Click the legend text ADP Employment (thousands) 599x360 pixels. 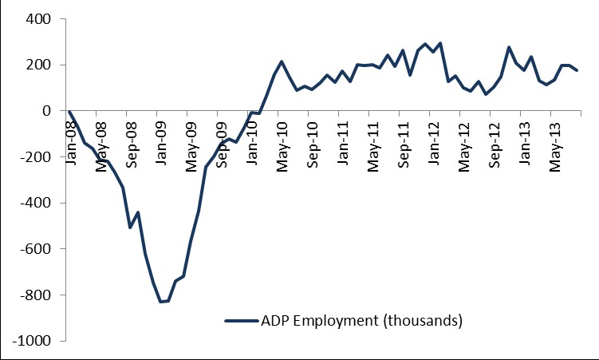[361, 321]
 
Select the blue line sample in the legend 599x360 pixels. [241, 321]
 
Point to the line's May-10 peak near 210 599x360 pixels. [282, 61]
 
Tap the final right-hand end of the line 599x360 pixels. [577, 71]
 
